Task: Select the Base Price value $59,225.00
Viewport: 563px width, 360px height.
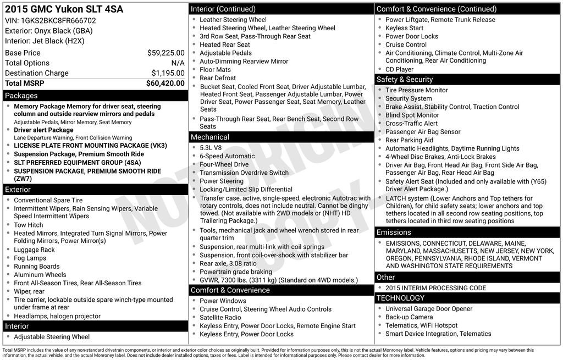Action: tap(165, 53)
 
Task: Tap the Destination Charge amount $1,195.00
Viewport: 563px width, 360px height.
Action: tap(168, 73)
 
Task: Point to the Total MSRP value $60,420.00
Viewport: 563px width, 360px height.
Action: tap(165, 84)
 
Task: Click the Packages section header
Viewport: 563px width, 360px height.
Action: tap(21, 96)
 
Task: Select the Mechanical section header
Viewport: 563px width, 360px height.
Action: tap(210, 137)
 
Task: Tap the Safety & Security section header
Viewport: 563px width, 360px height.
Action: tap(405, 79)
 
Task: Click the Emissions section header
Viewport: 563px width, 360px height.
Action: tap(394, 232)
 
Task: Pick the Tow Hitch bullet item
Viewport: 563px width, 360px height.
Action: tap(28, 225)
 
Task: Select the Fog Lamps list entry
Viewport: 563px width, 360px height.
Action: tap(30, 258)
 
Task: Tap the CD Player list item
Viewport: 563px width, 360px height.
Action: tap(399, 69)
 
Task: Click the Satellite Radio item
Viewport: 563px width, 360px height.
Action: tap(220, 318)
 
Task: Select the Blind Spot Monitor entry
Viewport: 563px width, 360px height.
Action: tap(412, 115)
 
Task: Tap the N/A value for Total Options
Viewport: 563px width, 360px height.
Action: tap(178, 63)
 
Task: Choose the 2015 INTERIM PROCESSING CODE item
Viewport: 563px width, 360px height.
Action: tap(435, 288)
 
